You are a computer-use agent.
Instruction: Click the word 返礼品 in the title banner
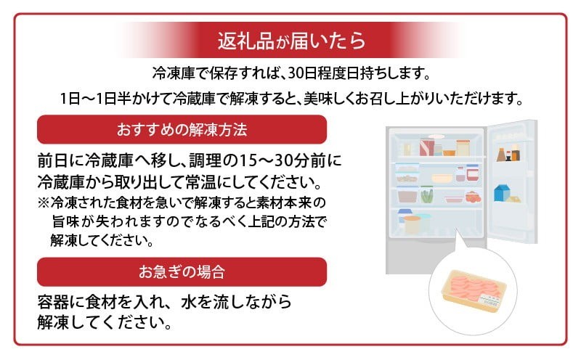click(245, 41)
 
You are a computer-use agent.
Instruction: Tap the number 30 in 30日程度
click(296, 74)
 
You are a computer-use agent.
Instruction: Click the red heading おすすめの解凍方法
click(182, 130)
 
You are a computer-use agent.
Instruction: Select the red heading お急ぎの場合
click(182, 272)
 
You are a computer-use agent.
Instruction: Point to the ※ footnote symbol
click(44, 202)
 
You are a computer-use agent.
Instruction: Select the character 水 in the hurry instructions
click(189, 303)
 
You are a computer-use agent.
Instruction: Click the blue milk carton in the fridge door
click(502, 193)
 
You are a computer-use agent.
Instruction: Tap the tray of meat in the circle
click(474, 291)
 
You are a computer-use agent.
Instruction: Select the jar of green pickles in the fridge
click(427, 195)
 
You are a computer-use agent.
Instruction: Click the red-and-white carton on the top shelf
click(426, 147)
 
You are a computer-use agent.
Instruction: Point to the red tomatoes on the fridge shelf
click(474, 197)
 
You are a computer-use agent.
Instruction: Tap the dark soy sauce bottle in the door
click(501, 155)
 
